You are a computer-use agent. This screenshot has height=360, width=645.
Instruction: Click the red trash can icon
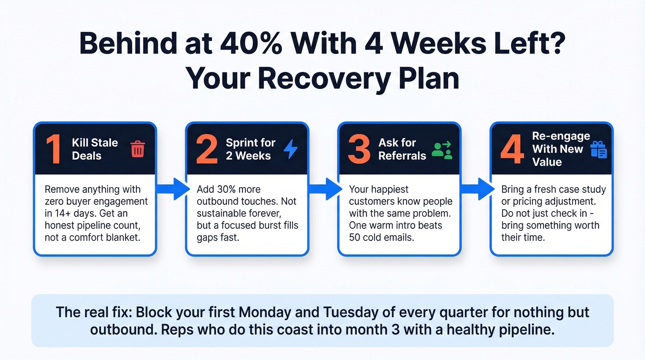point(138,149)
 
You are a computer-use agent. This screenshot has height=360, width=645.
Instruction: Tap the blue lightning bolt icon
point(290,149)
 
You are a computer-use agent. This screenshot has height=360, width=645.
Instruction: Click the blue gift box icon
point(598,149)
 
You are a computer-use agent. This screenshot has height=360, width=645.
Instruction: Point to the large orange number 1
point(53,149)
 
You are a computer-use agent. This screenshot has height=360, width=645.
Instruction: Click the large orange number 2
point(206,149)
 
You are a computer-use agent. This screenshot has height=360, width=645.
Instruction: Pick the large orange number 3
point(359,149)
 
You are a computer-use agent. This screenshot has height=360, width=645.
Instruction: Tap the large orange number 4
point(512,149)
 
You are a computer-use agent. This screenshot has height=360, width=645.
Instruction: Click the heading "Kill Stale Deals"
point(95,149)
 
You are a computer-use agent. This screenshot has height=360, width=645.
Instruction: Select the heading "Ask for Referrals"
point(402,149)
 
